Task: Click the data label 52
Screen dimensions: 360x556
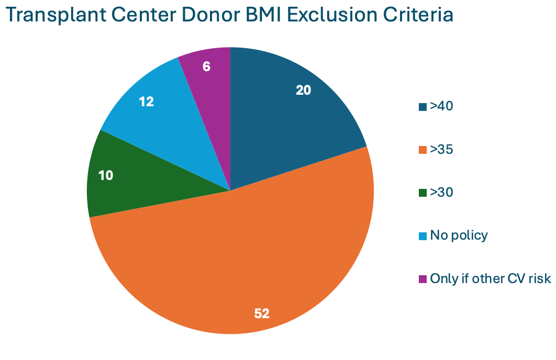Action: pyautogui.click(x=262, y=313)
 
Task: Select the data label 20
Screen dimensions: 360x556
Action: pyautogui.click(x=304, y=90)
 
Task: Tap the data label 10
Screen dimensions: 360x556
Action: pyautogui.click(x=106, y=175)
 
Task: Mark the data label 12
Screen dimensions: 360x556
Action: pyautogui.click(x=147, y=102)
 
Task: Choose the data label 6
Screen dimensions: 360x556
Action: pyautogui.click(x=207, y=67)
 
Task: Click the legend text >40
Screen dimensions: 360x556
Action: pyautogui.click(x=441, y=106)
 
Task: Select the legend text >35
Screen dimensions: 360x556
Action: pyautogui.click(x=441, y=150)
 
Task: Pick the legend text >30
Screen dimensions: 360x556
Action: pyautogui.click(x=441, y=193)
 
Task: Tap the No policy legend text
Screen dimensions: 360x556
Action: pyautogui.click(x=459, y=235)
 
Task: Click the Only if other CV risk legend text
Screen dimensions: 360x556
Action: pyautogui.click(x=491, y=278)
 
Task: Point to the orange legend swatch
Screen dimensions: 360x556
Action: pyautogui.click(x=422, y=150)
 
